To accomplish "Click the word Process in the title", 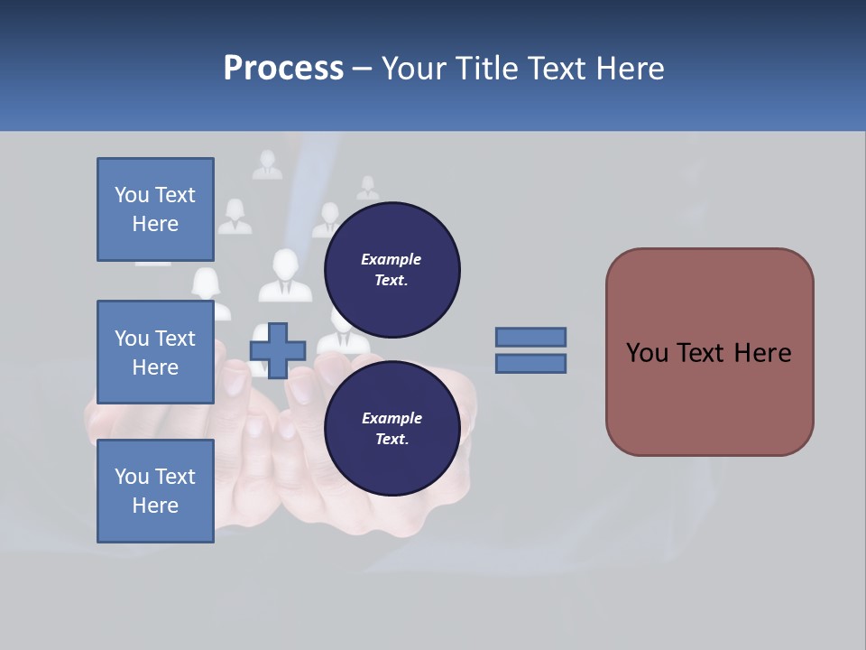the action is (x=283, y=69).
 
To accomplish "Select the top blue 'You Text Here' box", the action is (x=155, y=209).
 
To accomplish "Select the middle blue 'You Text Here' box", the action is (x=155, y=352).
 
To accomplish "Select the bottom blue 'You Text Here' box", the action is (x=155, y=491).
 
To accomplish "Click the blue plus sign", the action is (x=278, y=350).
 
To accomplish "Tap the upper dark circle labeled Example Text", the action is (x=392, y=269).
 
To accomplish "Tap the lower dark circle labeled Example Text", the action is (x=392, y=429).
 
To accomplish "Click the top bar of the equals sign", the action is (x=530, y=337).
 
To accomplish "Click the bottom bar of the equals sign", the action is (x=530, y=363).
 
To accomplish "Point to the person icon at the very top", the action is (x=267, y=165).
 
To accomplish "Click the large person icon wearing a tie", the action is (x=285, y=275).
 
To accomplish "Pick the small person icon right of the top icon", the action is (x=367, y=189).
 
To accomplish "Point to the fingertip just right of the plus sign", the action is (x=299, y=387).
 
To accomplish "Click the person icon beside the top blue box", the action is (x=235, y=217).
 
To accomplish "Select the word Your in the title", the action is (x=417, y=69).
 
